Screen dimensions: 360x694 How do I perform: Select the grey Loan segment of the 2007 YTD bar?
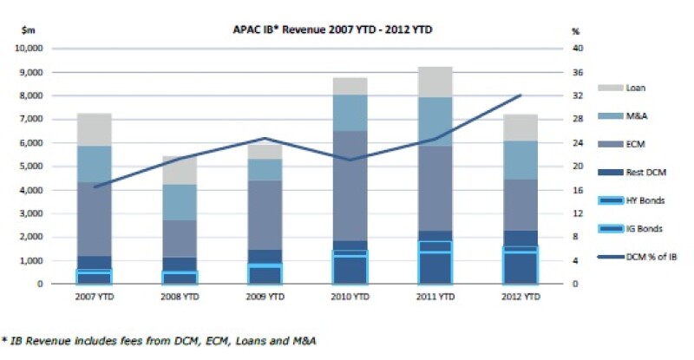(x=94, y=129)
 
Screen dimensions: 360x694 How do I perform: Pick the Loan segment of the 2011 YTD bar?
(x=435, y=82)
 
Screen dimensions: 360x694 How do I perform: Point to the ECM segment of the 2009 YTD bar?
(x=265, y=214)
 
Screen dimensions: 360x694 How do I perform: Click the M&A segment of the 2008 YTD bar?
(x=180, y=202)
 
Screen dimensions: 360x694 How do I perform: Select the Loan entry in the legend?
(x=635, y=88)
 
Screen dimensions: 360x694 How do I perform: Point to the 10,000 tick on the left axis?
(x=32, y=49)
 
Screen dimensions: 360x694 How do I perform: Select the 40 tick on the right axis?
(x=576, y=49)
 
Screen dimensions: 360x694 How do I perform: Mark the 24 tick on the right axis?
(x=576, y=143)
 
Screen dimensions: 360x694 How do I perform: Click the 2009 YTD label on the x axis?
(x=265, y=297)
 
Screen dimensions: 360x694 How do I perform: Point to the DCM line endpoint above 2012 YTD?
(x=520, y=95)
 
